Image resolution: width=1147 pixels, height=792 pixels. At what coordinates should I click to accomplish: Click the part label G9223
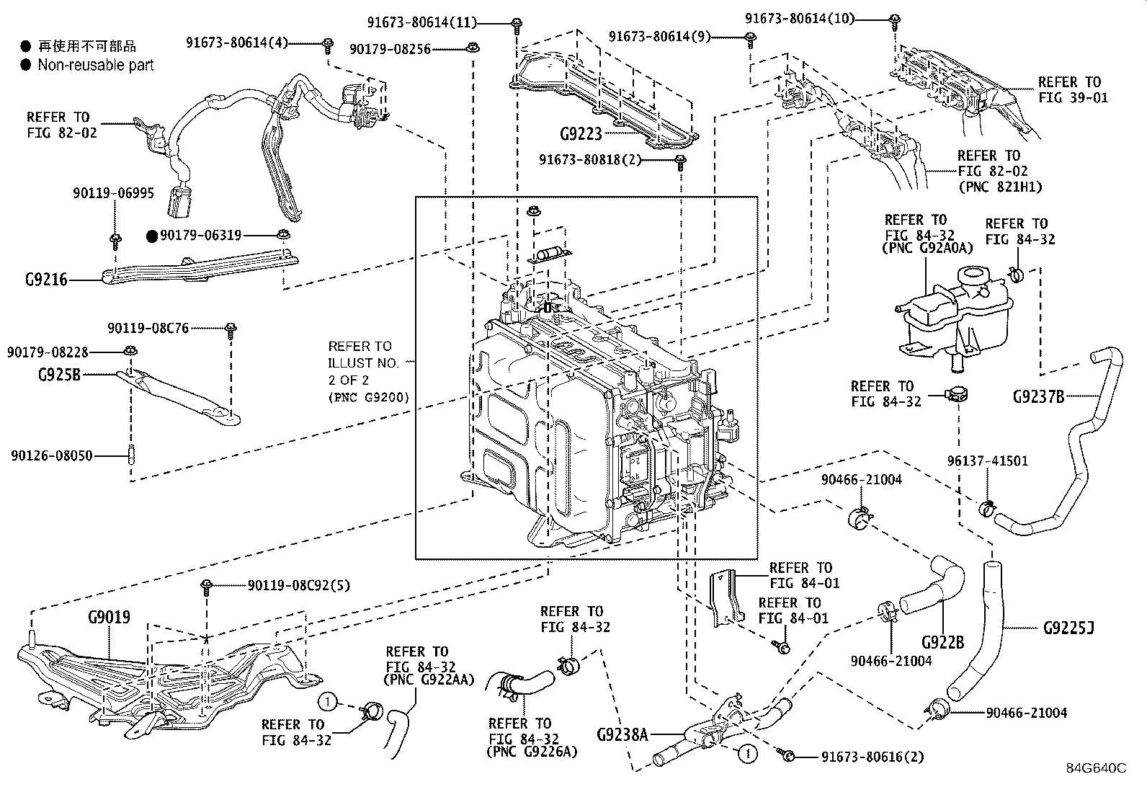point(580,134)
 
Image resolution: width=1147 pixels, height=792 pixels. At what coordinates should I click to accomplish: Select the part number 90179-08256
point(390,49)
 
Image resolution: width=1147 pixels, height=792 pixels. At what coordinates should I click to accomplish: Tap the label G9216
point(47,280)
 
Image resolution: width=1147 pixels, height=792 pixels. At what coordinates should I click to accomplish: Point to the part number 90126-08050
point(51,455)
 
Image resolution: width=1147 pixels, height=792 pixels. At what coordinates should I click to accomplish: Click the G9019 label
point(109,618)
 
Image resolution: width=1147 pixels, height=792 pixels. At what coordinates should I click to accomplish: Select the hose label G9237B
point(1038,396)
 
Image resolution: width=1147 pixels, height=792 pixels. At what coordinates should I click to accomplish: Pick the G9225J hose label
point(1068,628)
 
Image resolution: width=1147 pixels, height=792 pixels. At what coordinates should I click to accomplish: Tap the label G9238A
point(623,735)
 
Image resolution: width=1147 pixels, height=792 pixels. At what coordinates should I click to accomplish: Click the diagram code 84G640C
point(1096,767)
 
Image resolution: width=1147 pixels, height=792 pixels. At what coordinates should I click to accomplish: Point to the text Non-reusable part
point(95,65)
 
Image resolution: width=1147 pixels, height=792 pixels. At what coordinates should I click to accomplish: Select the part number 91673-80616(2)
point(872,757)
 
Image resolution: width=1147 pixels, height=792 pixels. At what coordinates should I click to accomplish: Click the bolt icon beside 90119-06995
point(115,238)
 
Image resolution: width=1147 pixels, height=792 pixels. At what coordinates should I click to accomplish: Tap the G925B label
point(59,375)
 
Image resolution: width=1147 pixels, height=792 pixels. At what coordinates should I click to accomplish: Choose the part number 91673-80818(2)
point(589,160)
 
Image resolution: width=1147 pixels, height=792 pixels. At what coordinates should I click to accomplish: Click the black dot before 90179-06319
point(151,236)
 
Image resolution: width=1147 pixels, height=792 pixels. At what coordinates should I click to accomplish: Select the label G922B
point(942,641)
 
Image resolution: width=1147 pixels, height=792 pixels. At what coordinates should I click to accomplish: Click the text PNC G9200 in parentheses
point(368,397)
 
